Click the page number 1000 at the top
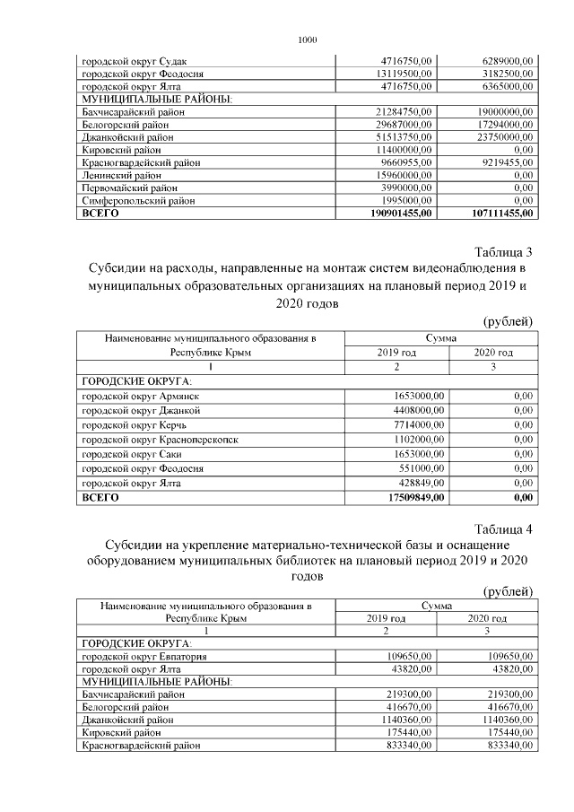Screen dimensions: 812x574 click(x=307, y=39)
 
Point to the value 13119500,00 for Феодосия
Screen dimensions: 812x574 click(x=402, y=74)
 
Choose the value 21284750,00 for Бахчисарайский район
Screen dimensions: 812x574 click(x=402, y=110)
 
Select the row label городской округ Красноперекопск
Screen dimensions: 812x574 click(x=160, y=440)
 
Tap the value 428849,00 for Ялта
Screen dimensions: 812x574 click(x=417, y=483)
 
